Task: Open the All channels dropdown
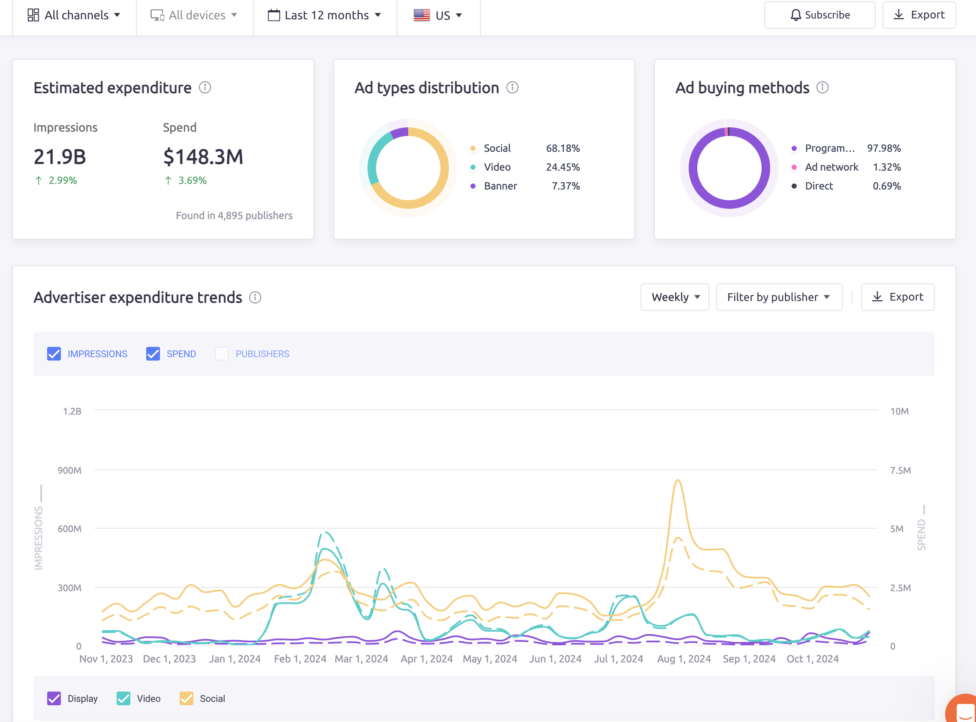pos(74,15)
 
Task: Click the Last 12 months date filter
pos(324,15)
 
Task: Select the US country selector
pos(438,15)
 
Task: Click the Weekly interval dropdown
pos(675,297)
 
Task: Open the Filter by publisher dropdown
pos(778,297)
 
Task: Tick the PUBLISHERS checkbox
pos(222,354)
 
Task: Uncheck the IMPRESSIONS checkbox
pos(54,354)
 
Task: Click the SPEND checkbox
pos(153,354)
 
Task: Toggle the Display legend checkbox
pos(54,698)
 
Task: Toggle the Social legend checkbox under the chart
pos(187,698)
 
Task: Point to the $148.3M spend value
pos(203,156)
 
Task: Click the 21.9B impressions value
pos(60,156)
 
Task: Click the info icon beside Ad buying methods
pos(822,87)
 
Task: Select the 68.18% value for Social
pos(563,148)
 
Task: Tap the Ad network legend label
pos(831,167)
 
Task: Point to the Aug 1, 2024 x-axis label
pos(684,659)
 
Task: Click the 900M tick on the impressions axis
pos(69,470)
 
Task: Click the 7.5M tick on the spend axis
pos(901,470)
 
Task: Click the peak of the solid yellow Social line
pos(678,480)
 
